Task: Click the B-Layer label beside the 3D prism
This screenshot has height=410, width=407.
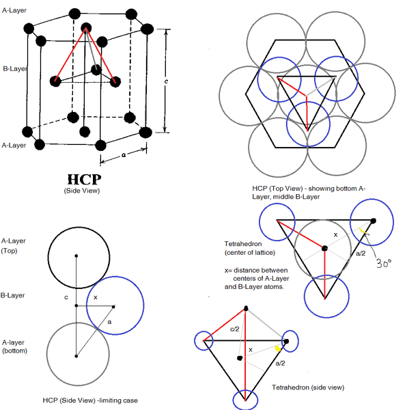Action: pos(14,68)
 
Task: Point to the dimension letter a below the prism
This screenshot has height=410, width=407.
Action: pos(123,156)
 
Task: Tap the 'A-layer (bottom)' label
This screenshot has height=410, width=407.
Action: pos(14,346)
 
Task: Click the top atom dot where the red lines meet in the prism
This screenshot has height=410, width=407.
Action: pos(86,28)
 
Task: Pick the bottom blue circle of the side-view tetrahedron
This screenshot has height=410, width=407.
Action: pos(244,400)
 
